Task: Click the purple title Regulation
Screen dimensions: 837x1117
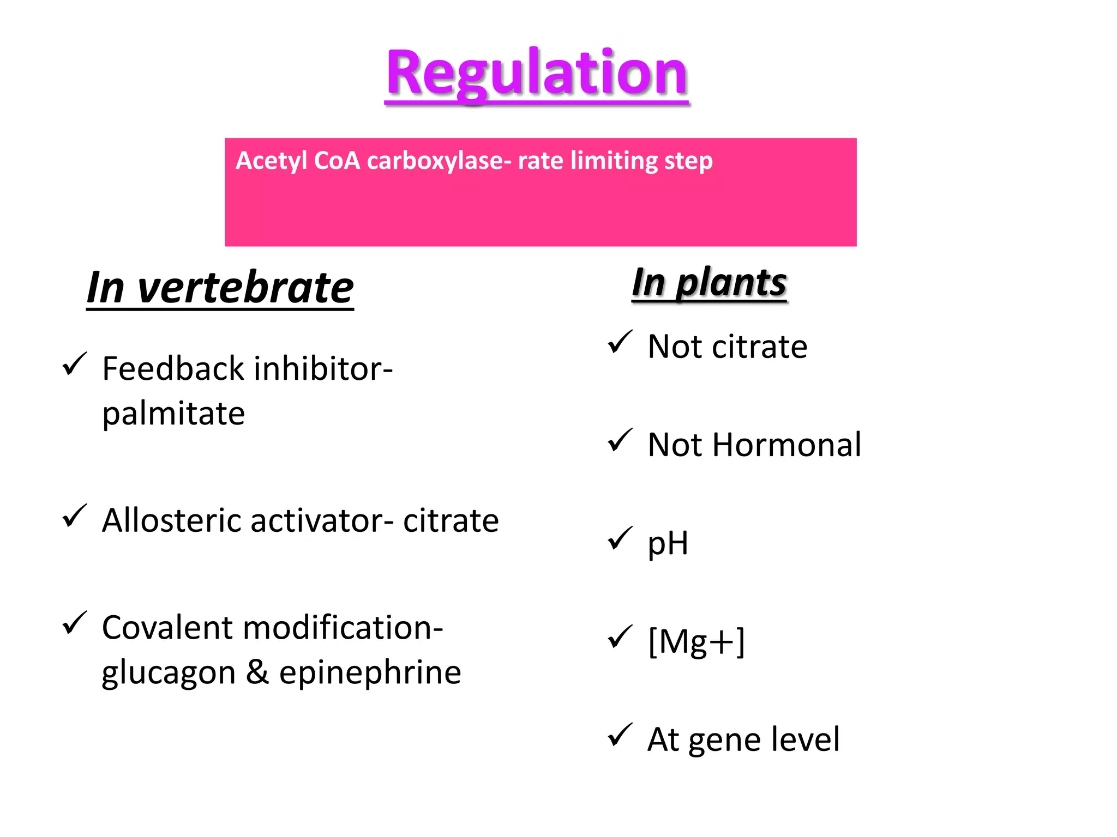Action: (x=537, y=74)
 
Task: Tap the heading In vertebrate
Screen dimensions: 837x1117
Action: (x=220, y=288)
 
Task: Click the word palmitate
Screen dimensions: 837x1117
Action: (x=173, y=414)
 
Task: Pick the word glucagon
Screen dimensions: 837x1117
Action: (x=169, y=674)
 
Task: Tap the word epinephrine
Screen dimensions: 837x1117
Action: (x=370, y=672)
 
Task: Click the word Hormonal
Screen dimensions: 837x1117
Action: (x=786, y=445)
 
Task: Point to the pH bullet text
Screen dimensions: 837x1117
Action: (x=668, y=544)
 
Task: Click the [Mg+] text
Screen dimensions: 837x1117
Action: (x=696, y=641)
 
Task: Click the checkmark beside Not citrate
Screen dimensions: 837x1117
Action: (x=620, y=342)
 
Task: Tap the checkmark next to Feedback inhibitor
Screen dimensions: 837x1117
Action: (x=75, y=364)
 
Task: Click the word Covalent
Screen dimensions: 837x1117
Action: (x=167, y=628)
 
